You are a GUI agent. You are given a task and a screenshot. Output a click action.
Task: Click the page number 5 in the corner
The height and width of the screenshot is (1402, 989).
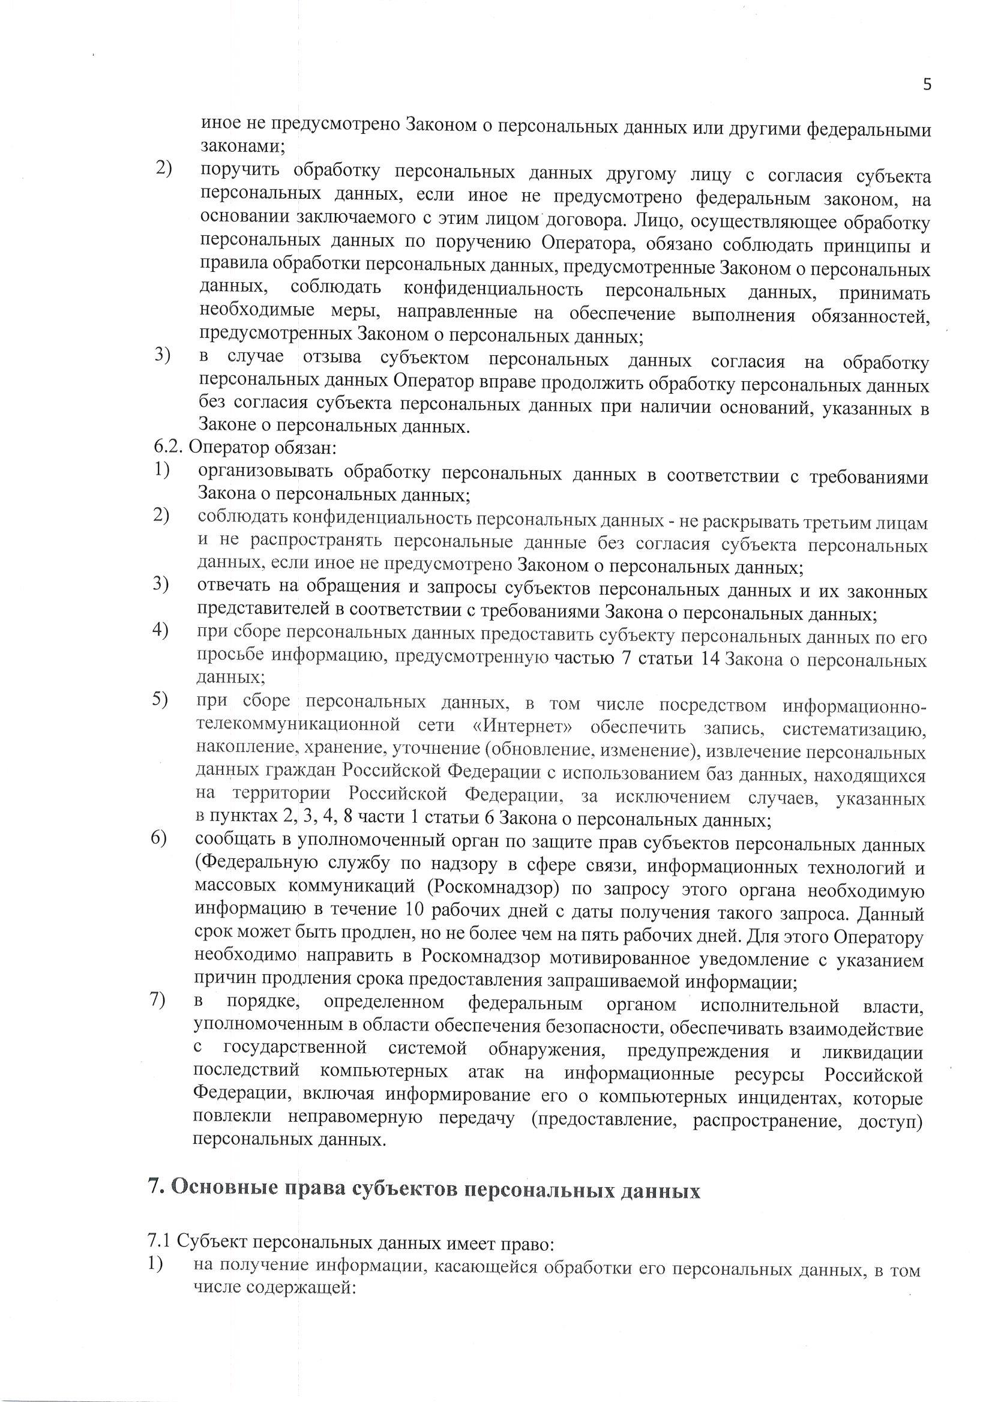click(927, 85)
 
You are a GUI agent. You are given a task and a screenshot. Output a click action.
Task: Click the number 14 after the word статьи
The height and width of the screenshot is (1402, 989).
click(705, 660)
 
